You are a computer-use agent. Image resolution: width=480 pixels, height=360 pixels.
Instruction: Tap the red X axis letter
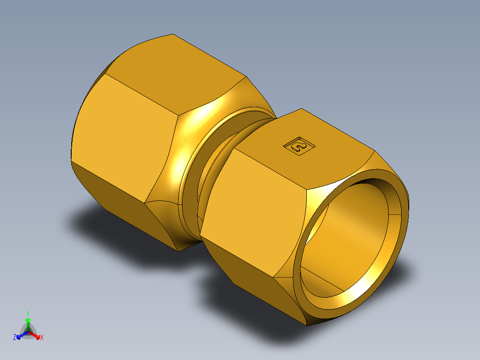[42, 338]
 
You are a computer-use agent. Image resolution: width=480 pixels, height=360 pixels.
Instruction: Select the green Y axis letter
[28, 313]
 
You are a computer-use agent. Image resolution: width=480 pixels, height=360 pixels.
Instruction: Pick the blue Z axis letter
[15, 338]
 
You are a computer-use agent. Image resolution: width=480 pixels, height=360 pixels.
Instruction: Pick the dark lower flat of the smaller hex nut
[249, 276]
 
